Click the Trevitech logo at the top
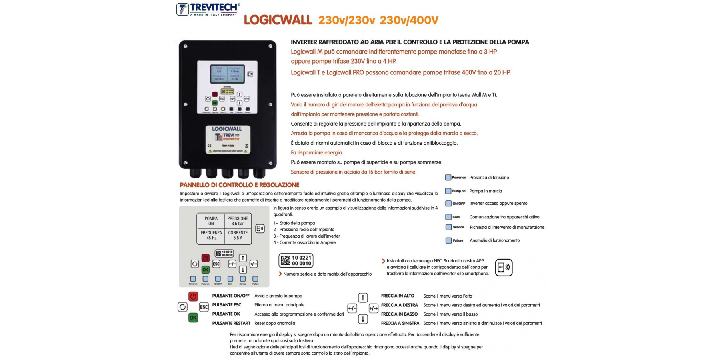pyautogui.click(x=208, y=9)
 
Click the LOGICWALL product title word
pyautogui.click(x=278, y=20)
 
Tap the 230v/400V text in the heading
pyautogui.click(x=409, y=20)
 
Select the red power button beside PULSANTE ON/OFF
pyautogui.click(x=193, y=296)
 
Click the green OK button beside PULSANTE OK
pyautogui.click(x=193, y=318)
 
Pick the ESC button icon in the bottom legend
pyautogui.click(x=204, y=307)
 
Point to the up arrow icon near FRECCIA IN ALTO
pyautogui.click(x=363, y=298)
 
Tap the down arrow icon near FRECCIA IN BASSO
pyautogui.click(x=363, y=319)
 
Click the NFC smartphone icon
pyautogui.click(x=504, y=268)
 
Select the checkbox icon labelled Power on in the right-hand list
pyautogui.click(x=448, y=178)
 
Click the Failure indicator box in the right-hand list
pyautogui.click(x=448, y=240)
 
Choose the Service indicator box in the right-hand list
pyautogui.click(x=448, y=227)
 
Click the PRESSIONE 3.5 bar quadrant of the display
pyautogui.click(x=238, y=221)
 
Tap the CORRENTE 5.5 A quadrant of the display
pyautogui.click(x=238, y=235)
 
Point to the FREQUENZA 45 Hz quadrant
pyautogui.click(x=211, y=235)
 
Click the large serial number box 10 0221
pyautogui.click(x=296, y=260)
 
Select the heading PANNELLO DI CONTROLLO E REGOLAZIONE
pyautogui.click(x=239, y=185)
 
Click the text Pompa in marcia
pyautogui.click(x=486, y=191)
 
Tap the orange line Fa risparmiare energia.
pyautogui.click(x=317, y=152)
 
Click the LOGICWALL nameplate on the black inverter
pyautogui.click(x=228, y=139)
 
